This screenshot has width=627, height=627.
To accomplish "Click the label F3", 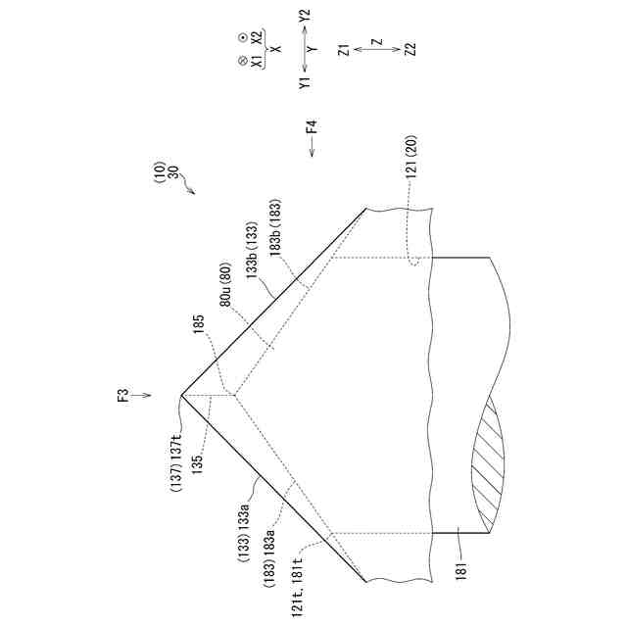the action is tap(124, 395).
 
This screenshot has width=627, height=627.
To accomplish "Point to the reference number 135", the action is tap(197, 463).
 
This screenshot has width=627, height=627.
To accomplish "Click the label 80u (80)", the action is tap(226, 284).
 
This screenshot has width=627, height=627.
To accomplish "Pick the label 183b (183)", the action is tap(275, 228).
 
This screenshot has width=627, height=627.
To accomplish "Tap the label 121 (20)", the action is tap(411, 157).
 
